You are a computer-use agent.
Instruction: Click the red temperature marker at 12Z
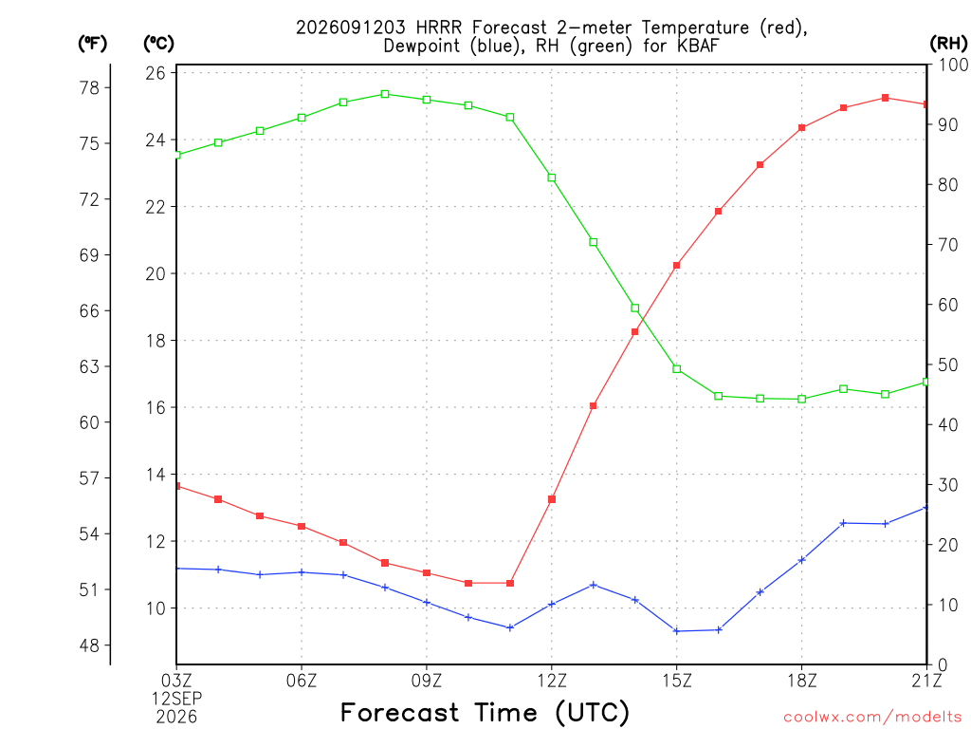click(552, 499)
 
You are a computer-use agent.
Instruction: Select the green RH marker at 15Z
click(677, 369)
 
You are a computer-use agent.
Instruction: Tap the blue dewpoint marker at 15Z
click(677, 631)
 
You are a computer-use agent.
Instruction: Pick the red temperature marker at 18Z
click(802, 128)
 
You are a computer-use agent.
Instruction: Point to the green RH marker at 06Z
click(302, 118)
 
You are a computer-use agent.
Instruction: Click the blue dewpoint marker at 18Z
click(802, 560)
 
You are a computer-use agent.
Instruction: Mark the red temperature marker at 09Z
click(427, 572)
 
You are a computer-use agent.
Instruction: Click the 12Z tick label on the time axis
click(552, 681)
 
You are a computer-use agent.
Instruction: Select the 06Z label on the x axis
click(302, 681)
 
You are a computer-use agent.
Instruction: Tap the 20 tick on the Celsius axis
click(156, 273)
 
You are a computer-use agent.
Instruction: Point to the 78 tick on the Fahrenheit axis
click(89, 88)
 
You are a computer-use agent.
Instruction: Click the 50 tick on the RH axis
click(947, 365)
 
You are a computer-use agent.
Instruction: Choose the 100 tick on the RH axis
click(952, 65)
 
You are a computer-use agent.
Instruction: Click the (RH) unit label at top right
click(948, 43)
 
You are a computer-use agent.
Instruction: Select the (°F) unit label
click(92, 43)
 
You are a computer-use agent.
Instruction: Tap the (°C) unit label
click(158, 43)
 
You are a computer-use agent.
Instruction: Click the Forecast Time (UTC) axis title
click(485, 713)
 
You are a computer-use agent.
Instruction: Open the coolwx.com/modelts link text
click(872, 717)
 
